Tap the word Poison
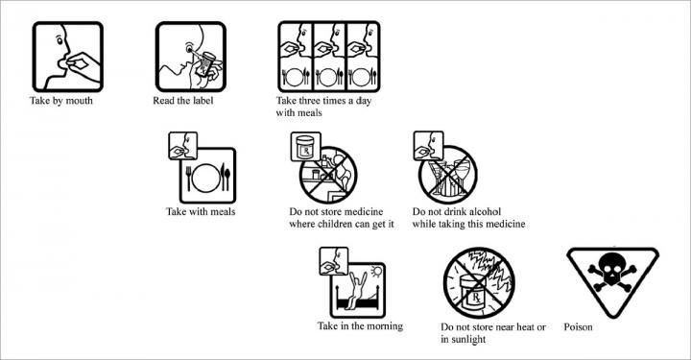tap(578, 327)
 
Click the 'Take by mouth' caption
tap(61, 101)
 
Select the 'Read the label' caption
tap(183, 101)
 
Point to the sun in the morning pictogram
tap(376, 272)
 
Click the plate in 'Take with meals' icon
tap(205, 178)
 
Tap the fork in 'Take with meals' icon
tap(188, 178)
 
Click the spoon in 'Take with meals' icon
tap(227, 179)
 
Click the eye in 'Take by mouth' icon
tap(60, 40)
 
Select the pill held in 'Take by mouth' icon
tap(81, 64)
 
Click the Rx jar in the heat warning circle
tap(473, 292)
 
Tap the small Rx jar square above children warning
tap(305, 146)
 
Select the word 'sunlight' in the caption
tap(468, 340)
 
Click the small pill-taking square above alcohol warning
tap(428, 146)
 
